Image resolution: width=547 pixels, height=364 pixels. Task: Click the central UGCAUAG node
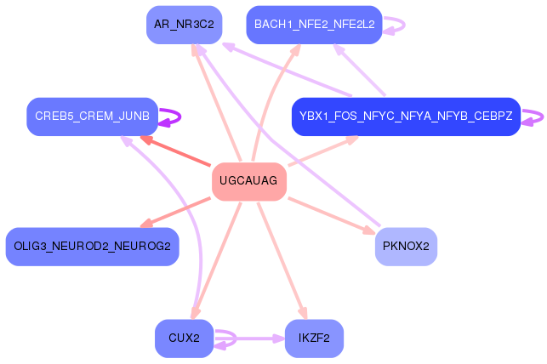249,181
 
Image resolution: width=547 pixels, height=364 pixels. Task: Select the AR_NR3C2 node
185,25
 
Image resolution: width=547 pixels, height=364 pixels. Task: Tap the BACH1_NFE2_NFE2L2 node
314,25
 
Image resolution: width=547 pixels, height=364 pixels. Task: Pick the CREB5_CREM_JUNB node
93,117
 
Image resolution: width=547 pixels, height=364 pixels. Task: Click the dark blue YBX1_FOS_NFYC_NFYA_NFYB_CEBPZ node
406,117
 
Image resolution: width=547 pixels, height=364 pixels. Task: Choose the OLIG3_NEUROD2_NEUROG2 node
93,247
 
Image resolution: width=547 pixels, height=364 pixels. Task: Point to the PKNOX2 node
406,247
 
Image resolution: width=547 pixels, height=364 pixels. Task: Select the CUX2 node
185,338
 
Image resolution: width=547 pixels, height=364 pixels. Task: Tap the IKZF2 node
314,338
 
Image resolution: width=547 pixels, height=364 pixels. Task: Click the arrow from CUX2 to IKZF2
249,338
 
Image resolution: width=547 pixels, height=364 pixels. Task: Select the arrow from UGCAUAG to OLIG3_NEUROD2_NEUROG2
175,213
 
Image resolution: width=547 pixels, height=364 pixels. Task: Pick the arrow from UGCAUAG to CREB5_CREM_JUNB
175,151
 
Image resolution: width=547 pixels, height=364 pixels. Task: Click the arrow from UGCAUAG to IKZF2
282,261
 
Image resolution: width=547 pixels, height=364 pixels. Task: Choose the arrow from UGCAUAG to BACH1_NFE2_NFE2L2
271,101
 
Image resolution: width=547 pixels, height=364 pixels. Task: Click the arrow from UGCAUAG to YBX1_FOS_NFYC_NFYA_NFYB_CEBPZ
323,151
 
